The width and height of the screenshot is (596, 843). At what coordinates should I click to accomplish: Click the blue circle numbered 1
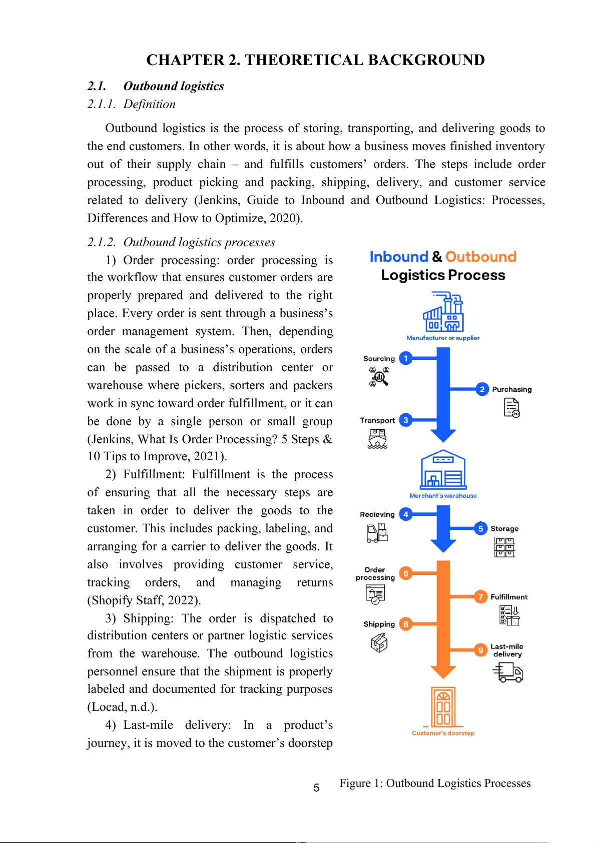click(406, 358)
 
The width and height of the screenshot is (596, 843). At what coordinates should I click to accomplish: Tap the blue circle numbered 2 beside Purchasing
click(482, 389)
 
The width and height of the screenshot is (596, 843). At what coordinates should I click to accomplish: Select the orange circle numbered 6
click(406, 573)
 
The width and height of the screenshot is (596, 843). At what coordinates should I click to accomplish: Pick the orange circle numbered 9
click(480, 650)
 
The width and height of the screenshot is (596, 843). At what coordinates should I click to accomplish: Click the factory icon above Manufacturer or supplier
click(443, 312)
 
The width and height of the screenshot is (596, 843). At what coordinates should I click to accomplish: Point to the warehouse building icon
click(443, 470)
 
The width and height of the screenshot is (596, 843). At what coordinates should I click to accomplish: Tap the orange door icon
click(443, 707)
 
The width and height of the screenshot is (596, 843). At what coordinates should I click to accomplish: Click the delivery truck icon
click(508, 672)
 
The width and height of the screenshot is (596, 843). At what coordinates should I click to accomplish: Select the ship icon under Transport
click(377, 439)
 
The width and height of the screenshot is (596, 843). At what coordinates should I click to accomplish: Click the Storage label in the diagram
click(504, 529)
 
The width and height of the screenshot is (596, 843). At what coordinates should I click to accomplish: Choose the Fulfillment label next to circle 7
click(509, 597)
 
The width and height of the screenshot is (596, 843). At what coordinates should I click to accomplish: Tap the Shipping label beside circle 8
click(379, 624)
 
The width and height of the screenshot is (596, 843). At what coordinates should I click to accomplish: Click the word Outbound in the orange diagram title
click(480, 257)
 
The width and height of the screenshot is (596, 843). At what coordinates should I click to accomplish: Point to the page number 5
click(316, 788)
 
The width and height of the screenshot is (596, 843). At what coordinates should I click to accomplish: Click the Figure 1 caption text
click(435, 783)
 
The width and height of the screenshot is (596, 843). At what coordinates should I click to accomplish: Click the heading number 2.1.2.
click(102, 242)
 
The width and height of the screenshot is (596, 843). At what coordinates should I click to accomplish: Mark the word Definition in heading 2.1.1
click(149, 104)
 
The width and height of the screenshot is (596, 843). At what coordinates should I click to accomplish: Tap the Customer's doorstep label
click(443, 733)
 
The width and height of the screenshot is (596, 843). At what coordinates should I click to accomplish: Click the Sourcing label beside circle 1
click(379, 359)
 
